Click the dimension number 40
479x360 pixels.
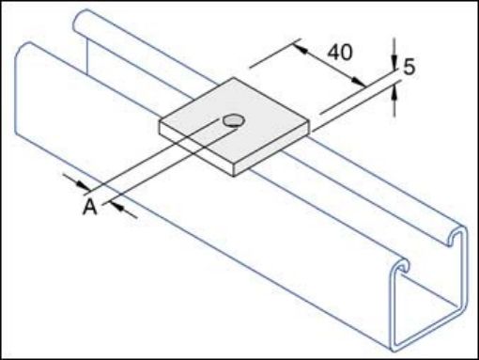pos(339,52)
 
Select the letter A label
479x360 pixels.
pos(90,206)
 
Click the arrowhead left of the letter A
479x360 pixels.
pos(83,183)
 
